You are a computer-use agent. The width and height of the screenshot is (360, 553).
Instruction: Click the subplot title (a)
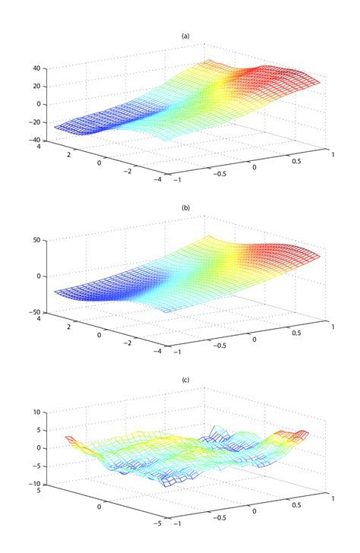185,35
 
